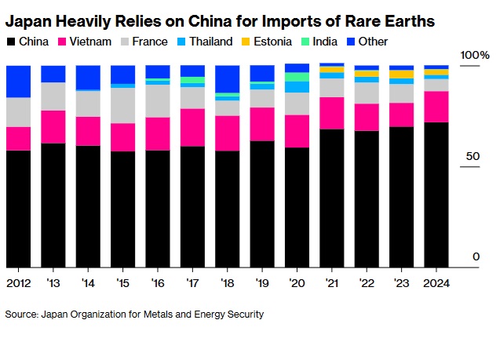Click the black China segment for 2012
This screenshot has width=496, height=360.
pyautogui.click(x=18, y=209)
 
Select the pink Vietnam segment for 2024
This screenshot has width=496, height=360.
pyautogui.click(x=436, y=107)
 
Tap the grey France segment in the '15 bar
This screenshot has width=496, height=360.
pyautogui.click(x=122, y=105)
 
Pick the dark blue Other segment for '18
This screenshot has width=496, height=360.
pyautogui.click(x=227, y=78)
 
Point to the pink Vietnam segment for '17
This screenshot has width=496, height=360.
pyautogui.click(x=192, y=127)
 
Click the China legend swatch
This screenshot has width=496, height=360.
pyautogui.click(x=10, y=41)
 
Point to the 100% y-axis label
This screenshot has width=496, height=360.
pyautogui.click(x=475, y=56)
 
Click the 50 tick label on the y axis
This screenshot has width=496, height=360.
pyautogui.click(x=470, y=157)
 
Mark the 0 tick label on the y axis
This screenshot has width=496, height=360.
pyautogui.click(x=475, y=257)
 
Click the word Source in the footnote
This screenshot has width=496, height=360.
pyautogui.click(x=21, y=315)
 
